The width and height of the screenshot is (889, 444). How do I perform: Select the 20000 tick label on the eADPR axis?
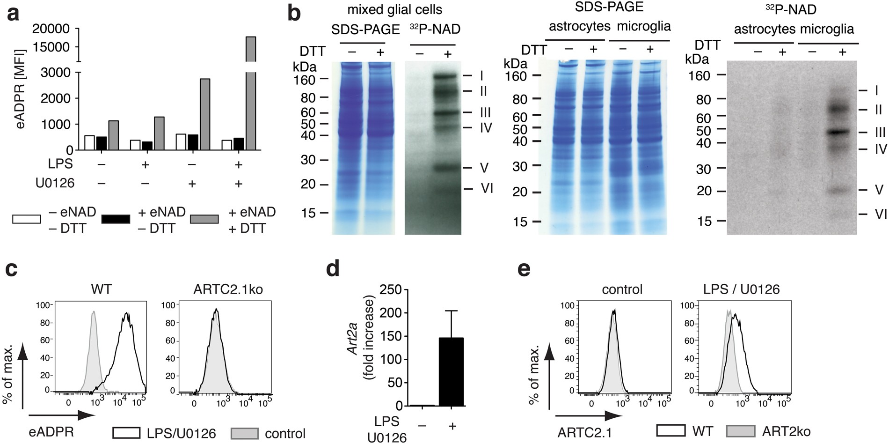pos(50,29)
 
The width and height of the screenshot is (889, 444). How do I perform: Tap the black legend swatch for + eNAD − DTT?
pos(116,219)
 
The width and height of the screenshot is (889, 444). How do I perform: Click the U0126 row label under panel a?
pos(55,183)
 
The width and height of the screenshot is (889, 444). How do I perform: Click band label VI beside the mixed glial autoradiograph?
pos(487,188)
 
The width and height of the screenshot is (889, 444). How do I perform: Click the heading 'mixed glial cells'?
pos(394,9)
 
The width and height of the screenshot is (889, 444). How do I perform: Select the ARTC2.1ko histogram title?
pos(228,289)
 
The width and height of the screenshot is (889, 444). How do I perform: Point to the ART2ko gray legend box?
pos(741,431)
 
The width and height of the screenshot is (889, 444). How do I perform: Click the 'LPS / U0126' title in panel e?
pos(741,289)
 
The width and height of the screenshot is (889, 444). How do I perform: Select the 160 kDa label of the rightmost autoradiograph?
pos(699,75)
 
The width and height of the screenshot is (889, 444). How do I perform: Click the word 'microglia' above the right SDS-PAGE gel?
pos(643,26)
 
